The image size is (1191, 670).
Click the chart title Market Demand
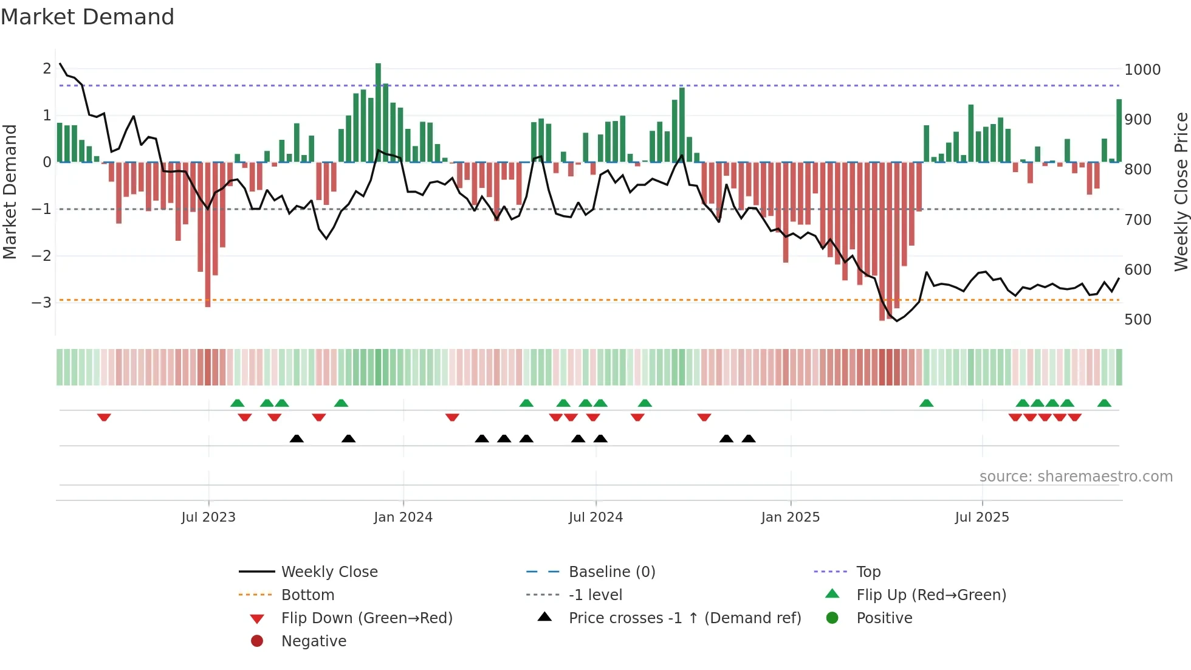(x=88, y=17)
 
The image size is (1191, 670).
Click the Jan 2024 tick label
(x=403, y=517)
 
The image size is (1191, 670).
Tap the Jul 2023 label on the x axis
(x=208, y=517)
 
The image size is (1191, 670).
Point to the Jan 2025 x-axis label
(x=790, y=517)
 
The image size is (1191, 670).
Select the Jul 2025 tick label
(x=982, y=517)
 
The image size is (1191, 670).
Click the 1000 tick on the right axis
(x=1142, y=70)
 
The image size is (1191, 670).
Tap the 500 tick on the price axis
(x=1138, y=320)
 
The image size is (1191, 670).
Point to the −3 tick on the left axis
(x=41, y=302)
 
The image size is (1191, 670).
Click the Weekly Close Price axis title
(x=1181, y=192)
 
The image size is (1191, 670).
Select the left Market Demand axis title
(x=10, y=192)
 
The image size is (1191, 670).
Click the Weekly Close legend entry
(x=329, y=572)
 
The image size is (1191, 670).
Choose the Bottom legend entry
(x=307, y=595)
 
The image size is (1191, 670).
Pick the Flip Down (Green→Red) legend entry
(x=366, y=618)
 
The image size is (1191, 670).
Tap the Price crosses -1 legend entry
(x=684, y=618)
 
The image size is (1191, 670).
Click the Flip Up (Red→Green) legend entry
(x=931, y=595)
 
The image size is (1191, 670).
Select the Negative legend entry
(x=314, y=641)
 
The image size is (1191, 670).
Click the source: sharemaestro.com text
(x=1076, y=477)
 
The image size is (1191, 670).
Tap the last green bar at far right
(x=1119, y=131)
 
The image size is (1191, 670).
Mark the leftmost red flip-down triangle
(x=104, y=417)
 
